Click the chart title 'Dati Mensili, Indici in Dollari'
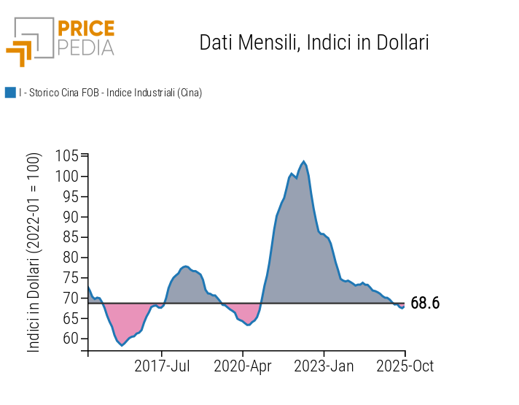313,42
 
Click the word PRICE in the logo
86,28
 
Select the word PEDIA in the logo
86,47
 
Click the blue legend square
10,93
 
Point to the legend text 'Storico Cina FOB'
63,93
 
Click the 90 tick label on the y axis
71,217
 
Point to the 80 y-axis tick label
71,258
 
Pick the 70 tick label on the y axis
71,298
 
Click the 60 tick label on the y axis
71,339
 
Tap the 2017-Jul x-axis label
162,366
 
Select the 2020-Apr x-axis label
243,366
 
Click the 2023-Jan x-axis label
324,366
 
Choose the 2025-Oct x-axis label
405,366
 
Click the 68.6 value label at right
425,304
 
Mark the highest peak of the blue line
303,162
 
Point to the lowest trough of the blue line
122,344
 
